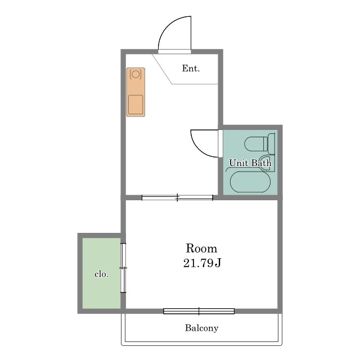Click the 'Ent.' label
coord(191,69)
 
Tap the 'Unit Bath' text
coord(250,163)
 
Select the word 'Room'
coord(201,249)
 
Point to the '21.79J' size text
coord(202,263)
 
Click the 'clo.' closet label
coord(101,274)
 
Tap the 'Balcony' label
coord(201,328)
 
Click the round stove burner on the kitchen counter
coord(136,74)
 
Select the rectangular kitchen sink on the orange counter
coord(136,105)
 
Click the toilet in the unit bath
coord(260,144)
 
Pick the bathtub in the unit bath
coord(250,182)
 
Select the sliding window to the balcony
coord(199,311)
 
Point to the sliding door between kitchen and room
coord(177,197)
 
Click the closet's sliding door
coord(123,268)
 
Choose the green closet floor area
coord(101,273)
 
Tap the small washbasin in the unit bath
coord(268,163)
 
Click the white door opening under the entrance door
coord(174,52)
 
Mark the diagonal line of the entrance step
coord(162,69)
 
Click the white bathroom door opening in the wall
coord(220,143)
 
